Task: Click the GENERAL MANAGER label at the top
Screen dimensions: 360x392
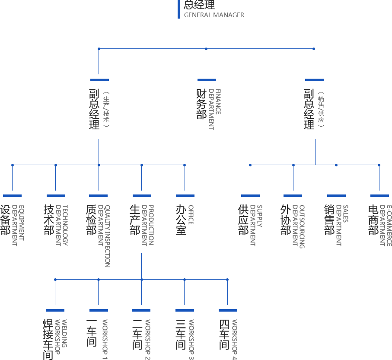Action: [214, 15]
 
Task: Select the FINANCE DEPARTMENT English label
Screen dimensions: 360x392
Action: [214, 109]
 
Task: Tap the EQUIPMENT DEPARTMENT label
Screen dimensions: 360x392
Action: [18, 225]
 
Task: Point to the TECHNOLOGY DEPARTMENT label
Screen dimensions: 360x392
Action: [61, 225]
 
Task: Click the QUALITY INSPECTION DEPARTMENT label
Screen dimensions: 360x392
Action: [104, 236]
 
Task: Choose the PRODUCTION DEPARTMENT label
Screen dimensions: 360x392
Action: [147, 225]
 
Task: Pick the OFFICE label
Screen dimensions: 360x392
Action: [191, 214]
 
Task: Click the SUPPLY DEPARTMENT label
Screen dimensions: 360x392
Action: [256, 225]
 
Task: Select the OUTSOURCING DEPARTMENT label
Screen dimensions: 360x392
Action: [299, 226]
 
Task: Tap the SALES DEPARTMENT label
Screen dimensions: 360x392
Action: [342, 225]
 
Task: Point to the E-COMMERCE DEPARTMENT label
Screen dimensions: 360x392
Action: [386, 225]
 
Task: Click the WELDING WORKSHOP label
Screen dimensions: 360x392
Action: [61, 337]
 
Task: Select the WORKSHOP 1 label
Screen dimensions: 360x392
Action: [105, 339]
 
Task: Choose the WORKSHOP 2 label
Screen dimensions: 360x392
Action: [148, 339]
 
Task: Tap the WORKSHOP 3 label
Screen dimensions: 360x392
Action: [191, 339]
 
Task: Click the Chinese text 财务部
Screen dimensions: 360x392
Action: [201, 104]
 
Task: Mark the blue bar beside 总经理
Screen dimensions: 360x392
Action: [178, 9]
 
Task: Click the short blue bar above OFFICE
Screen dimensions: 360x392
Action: [185, 195]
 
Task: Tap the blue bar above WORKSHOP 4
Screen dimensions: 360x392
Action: [228, 310]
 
